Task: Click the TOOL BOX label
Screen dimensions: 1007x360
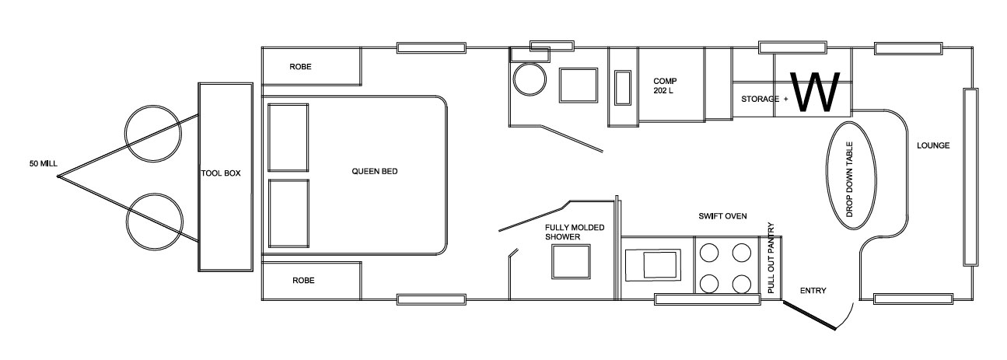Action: click(221, 173)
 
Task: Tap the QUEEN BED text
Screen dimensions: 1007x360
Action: click(375, 171)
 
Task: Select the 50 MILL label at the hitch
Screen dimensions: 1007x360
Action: click(44, 163)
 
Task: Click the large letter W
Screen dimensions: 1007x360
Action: click(815, 92)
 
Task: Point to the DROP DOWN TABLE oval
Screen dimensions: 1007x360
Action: click(827, 175)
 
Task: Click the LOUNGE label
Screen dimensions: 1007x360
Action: click(933, 145)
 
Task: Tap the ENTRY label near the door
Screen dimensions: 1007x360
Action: click(813, 291)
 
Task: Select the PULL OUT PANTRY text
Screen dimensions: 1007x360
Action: click(771, 258)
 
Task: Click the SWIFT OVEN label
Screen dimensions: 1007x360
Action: click(722, 216)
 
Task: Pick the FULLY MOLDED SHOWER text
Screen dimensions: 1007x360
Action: click(575, 232)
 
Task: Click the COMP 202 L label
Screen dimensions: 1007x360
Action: click(665, 86)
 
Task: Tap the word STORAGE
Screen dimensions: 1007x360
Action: click(760, 99)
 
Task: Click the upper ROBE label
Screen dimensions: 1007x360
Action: click(300, 67)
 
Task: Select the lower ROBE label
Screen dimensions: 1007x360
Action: click(303, 281)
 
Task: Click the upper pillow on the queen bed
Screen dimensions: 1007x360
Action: click(288, 138)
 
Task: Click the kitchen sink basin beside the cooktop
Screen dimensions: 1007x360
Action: click(660, 265)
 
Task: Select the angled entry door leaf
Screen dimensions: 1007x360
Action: click(809, 316)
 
